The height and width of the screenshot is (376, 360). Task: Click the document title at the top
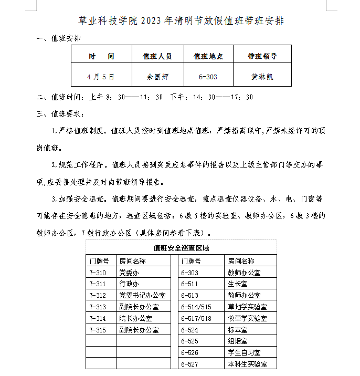click(181, 21)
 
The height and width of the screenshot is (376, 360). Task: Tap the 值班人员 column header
click(157, 56)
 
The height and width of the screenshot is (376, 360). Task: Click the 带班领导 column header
click(262, 56)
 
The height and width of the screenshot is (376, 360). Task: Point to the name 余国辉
click(157, 77)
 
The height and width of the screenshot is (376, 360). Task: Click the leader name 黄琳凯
click(262, 77)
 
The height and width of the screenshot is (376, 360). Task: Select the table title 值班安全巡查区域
click(181, 248)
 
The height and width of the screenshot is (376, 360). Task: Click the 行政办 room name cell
click(129, 284)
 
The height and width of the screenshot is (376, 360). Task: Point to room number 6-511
click(189, 284)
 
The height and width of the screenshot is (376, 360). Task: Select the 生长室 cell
click(237, 284)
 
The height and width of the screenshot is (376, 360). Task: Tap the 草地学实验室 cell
click(247, 307)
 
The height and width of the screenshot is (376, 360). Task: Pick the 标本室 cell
click(237, 330)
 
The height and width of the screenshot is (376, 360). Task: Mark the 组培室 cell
click(237, 341)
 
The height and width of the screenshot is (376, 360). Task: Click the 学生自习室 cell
click(243, 353)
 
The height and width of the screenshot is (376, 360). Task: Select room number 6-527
click(189, 364)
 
